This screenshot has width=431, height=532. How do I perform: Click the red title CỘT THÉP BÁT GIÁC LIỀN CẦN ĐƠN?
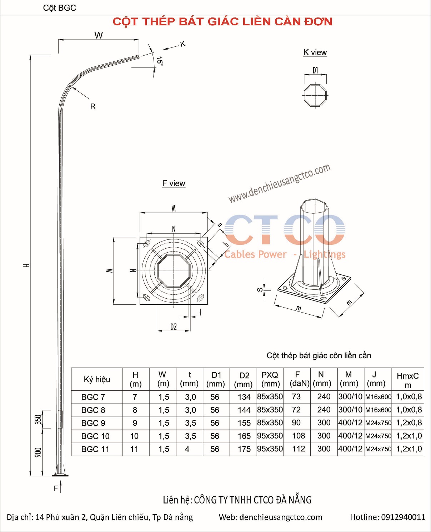coord(222,22)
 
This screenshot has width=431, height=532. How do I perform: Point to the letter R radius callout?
coord(93,106)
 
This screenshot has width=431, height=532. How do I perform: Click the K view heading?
coord(315,52)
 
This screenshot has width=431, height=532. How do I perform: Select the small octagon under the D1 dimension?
coord(315,95)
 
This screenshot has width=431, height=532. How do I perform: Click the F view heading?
coord(174,183)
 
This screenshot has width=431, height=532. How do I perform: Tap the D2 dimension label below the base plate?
coord(173,326)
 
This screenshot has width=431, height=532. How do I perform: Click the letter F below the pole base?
coord(56,488)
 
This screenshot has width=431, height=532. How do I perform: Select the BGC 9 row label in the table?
coord(93,423)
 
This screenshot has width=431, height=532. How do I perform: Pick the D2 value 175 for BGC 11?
coord(244,449)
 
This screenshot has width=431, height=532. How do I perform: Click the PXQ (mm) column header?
coord(270,379)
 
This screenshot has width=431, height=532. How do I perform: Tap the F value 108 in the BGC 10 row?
coord(299,436)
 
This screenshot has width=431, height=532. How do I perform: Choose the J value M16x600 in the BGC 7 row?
coord(378,397)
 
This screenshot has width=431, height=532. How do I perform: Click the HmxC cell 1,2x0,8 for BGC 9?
coord(409,423)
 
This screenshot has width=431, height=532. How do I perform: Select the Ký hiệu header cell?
coord(97,379)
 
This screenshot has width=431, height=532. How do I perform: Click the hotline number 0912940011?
coord(403,517)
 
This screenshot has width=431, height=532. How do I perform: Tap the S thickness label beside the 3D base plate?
coord(260,290)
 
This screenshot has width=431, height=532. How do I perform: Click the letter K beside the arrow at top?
coord(183,44)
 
